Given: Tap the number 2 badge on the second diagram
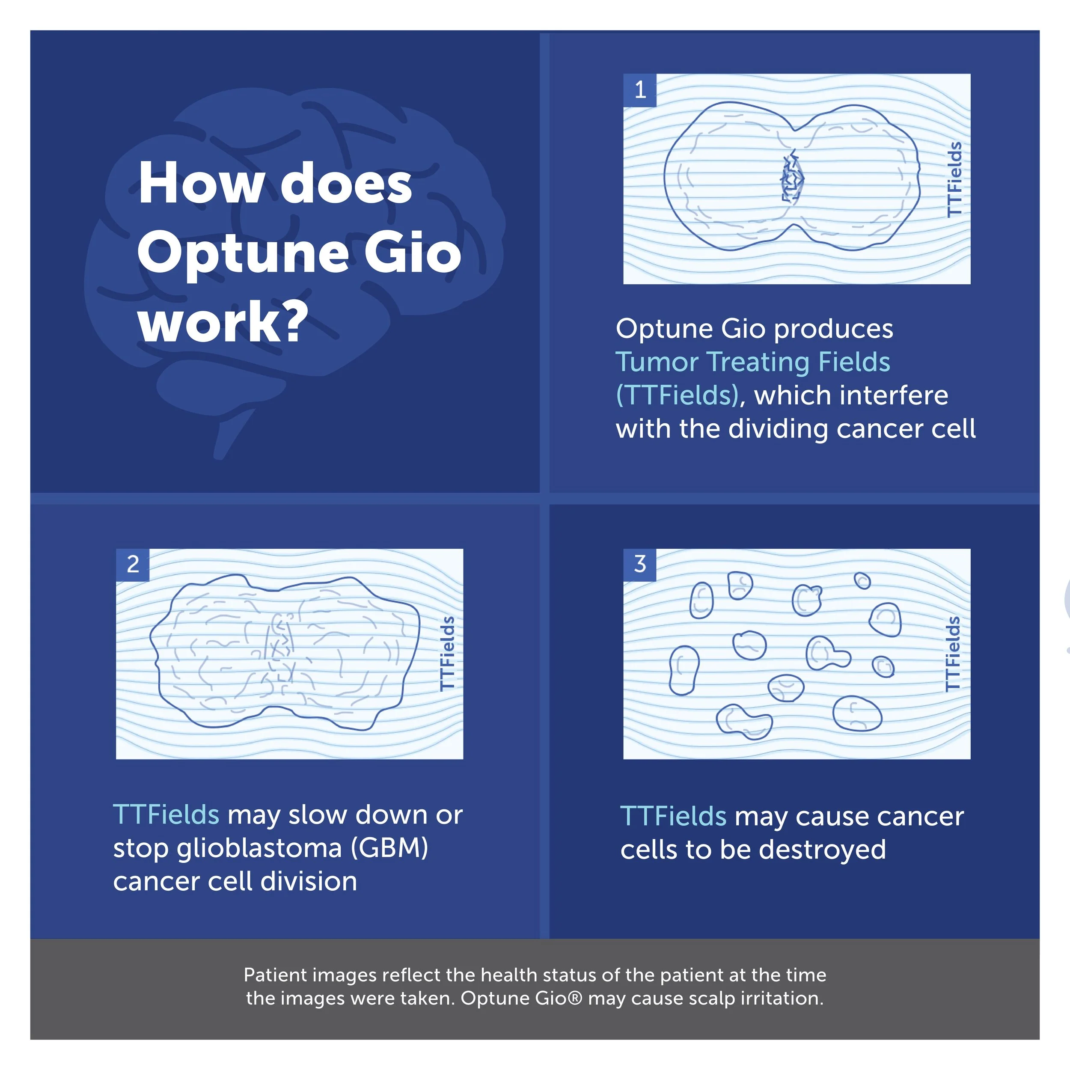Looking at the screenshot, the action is click(x=132, y=565).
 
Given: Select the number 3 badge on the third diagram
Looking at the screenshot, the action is click(x=640, y=565).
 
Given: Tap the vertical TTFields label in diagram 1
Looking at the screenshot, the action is click(x=954, y=179).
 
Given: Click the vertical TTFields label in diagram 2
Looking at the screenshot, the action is click(x=447, y=654).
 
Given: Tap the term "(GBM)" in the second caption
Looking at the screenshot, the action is click(x=389, y=848).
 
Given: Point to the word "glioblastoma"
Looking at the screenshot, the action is click(x=259, y=848).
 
